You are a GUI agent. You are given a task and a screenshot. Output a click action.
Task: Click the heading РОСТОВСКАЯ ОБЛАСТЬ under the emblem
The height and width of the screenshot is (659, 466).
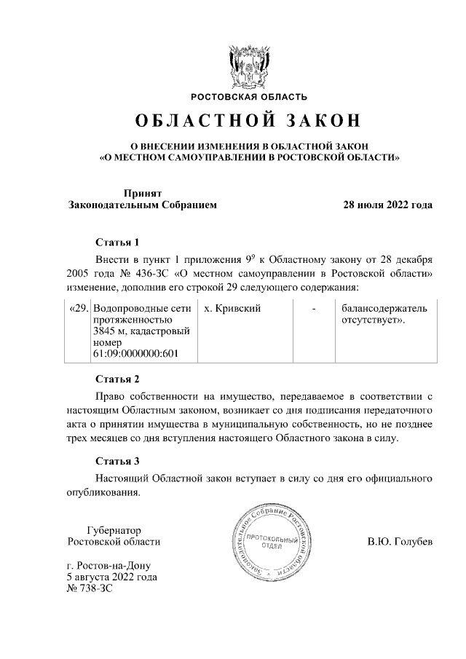tap(249, 97)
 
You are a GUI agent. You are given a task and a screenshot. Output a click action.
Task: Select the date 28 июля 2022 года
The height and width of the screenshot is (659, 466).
tap(387, 205)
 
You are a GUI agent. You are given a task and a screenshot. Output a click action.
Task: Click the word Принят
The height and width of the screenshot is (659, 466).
tap(142, 193)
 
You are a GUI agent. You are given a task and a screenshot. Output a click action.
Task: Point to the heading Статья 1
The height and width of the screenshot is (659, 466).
tap(116, 242)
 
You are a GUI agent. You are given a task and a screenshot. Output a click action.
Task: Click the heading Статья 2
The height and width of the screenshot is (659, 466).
tap(116, 379)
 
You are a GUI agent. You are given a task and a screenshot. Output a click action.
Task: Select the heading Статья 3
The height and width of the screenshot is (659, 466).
tap(116, 461)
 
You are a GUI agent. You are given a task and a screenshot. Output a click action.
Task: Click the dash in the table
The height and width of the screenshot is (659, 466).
tap(313, 309)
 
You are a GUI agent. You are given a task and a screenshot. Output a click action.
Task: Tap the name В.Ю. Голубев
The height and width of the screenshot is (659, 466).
tap(400, 542)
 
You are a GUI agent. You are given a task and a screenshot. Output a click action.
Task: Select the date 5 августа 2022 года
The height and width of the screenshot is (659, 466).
tap(111, 577)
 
